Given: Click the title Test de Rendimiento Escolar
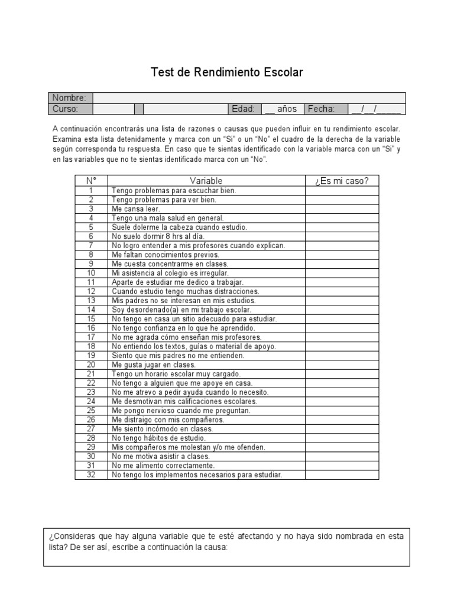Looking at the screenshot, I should tap(227, 73).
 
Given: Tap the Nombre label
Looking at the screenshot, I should tap(69, 98).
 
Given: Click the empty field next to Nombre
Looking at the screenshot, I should tap(249, 98).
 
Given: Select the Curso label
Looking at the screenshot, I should tap(65, 109).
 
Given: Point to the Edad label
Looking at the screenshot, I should tap(244, 109).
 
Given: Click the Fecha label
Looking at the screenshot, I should tap(321, 109).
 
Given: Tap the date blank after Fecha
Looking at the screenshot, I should tap(375, 109).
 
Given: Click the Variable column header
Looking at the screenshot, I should tap(206, 181).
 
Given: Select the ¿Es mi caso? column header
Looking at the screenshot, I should tap(342, 181).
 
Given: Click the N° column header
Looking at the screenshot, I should tap(91, 181).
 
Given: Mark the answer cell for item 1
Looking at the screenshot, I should tap(342, 191).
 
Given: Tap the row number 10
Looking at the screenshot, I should tap(91, 273).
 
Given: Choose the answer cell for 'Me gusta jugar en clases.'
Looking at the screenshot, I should tap(342, 365).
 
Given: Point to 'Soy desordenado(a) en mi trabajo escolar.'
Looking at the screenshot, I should tap(181, 310).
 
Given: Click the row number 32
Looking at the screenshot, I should tap(91, 474).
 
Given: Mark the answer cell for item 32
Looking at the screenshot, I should tap(342, 474).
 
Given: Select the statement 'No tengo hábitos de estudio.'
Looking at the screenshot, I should tap(158, 438).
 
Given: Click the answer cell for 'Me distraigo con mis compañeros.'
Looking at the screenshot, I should tap(342, 419).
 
